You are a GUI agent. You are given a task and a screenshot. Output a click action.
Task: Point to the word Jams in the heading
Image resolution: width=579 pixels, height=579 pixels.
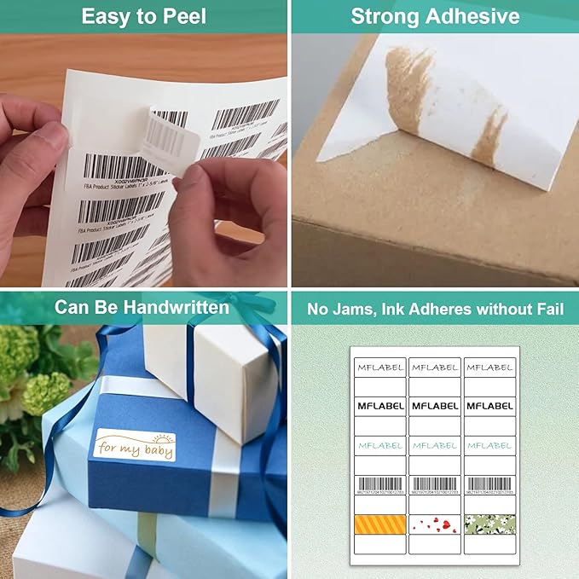pyautogui.click(x=366, y=307)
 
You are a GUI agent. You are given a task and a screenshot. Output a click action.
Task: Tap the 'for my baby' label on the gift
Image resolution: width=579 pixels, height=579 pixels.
pyautogui.click(x=135, y=445)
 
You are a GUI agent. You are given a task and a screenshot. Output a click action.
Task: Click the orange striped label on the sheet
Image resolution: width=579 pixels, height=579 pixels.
pyautogui.click(x=380, y=524)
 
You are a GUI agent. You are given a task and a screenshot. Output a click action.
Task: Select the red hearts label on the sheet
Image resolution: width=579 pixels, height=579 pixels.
pyautogui.click(x=435, y=524)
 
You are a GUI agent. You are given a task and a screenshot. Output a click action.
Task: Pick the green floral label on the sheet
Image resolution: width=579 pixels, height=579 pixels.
pyautogui.click(x=489, y=524)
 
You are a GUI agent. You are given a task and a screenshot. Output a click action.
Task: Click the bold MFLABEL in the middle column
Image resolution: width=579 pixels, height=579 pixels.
pyautogui.click(x=435, y=406)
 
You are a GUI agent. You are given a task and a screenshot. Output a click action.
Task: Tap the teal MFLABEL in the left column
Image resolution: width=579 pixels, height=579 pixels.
pyautogui.click(x=380, y=445)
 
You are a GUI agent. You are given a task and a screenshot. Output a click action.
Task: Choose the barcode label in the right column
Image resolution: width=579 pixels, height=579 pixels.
pyautogui.click(x=489, y=484)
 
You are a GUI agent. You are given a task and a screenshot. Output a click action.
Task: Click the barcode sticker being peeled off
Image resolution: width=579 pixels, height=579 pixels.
pyautogui.click(x=170, y=136)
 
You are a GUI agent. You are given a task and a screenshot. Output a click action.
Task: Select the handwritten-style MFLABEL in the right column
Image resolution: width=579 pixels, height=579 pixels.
pyautogui.click(x=489, y=367)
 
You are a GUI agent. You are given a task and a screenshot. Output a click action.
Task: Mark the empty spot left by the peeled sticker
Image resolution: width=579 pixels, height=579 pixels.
pyautogui.click(x=111, y=128)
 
